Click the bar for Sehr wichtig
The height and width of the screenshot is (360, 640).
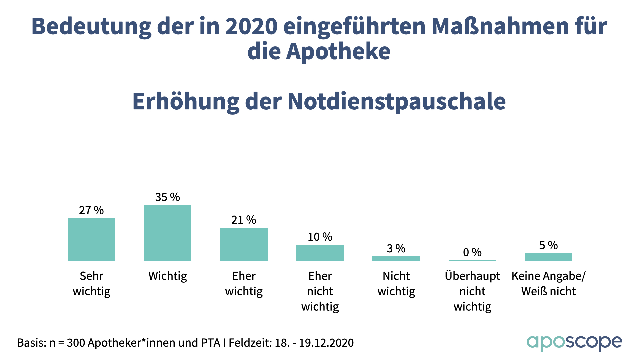click(91, 239)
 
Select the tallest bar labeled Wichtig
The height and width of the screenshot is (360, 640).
click(167, 233)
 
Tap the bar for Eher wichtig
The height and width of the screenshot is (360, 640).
click(244, 244)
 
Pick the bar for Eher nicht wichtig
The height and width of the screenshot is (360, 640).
click(320, 253)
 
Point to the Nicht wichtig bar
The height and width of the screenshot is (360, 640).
click(396, 258)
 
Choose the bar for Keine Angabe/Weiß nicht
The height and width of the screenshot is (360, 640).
click(548, 257)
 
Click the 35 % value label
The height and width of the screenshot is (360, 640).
click(167, 197)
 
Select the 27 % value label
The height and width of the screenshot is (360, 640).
click(91, 210)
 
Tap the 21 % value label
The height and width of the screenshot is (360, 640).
click(244, 220)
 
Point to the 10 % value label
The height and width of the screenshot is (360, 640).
click(320, 237)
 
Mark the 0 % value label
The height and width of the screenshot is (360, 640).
click(472, 252)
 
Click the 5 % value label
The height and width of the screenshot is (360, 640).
click(548, 245)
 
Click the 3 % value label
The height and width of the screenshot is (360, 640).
click(396, 248)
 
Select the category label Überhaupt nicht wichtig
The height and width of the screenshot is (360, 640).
click(472, 291)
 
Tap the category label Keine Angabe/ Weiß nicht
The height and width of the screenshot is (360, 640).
click(548, 283)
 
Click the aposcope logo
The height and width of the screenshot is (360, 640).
click(574, 343)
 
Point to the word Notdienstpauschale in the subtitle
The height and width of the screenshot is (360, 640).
click(397, 101)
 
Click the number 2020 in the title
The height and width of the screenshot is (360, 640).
click(251, 26)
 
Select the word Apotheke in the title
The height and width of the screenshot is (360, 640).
click(338, 51)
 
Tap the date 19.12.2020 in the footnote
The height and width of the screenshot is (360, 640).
click(326, 343)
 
